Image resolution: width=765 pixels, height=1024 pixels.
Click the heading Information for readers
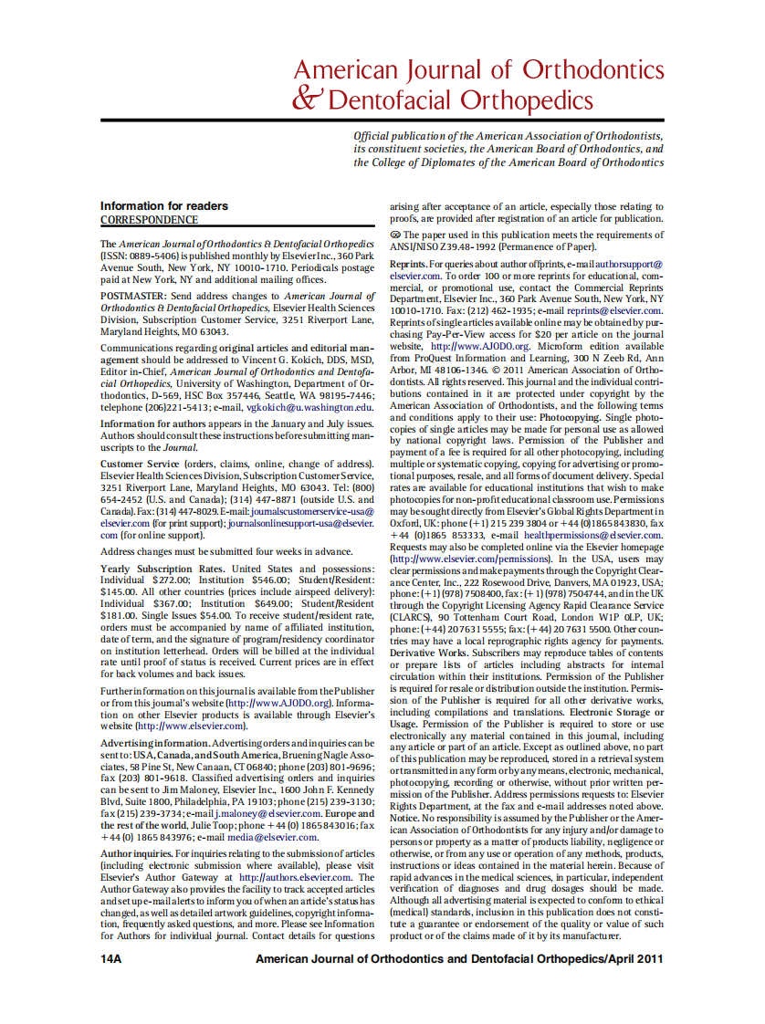pyautogui.click(x=164, y=206)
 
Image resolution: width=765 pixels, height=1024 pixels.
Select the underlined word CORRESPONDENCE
pyautogui.click(x=149, y=220)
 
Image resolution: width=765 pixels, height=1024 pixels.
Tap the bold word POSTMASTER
pyautogui.click(x=133, y=297)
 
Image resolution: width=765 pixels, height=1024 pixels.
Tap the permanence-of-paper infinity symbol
pyautogui.click(x=395, y=235)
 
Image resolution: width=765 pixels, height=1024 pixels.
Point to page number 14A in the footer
pyautogui.click(x=110, y=958)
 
